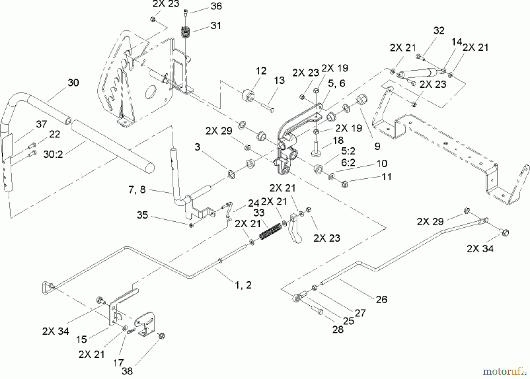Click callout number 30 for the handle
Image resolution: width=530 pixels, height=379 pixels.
point(73,83)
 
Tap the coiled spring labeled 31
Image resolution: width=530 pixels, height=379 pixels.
point(185,32)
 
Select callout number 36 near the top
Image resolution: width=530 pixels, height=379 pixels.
point(216,6)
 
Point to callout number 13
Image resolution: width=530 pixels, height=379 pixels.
point(279,80)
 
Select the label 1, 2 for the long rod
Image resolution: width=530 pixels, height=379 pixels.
point(243,285)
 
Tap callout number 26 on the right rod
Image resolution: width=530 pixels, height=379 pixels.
point(381,300)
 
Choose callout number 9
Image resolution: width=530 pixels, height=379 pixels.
point(377,146)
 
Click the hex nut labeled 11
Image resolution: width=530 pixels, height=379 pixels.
point(345,184)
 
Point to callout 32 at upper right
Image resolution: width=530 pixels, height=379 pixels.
point(439,31)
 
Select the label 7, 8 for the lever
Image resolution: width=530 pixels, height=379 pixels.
point(137,190)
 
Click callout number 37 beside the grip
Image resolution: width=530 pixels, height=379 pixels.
point(41,124)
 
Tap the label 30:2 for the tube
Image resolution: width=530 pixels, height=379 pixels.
point(53,154)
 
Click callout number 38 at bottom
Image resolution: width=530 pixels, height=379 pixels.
point(127,371)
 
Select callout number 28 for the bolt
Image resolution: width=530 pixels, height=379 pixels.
point(338,330)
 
